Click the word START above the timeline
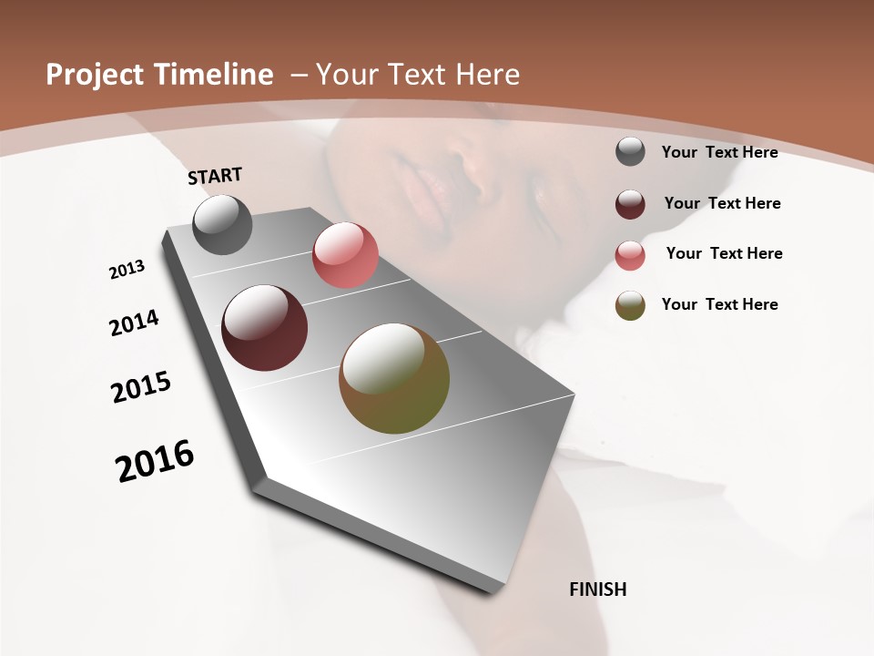[x=215, y=176]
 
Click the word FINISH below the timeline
[x=597, y=589]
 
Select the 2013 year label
[x=127, y=270]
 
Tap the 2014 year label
[x=134, y=323]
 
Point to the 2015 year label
[x=141, y=387]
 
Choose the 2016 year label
[x=155, y=461]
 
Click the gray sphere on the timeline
[x=222, y=225]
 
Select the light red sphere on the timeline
[x=345, y=255]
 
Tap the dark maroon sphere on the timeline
[x=265, y=328]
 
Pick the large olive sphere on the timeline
[x=394, y=378]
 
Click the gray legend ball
[x=630, y=152]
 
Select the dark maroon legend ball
[x=630, y=204]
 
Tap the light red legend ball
[x=630, y=255]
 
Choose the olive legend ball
[x=630, y=305]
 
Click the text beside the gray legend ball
[x=719, y=152]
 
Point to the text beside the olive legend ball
[x=719, y=304]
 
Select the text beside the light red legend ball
[x=724, y=253]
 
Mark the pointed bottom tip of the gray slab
[x=492, y=592]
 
